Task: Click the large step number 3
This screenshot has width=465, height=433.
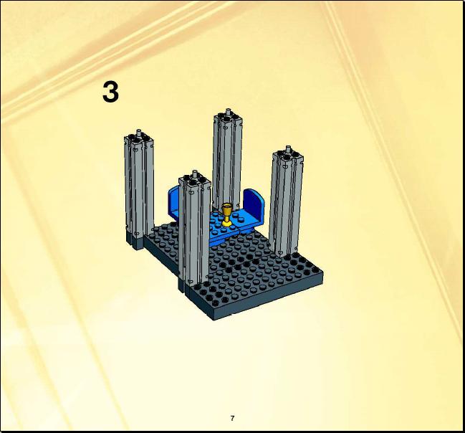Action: coord(110,92)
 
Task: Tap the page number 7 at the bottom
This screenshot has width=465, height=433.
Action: coord(232,418)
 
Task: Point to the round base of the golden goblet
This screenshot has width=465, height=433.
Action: coord(227,224)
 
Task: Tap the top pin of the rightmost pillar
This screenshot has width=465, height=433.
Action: coord(288,149)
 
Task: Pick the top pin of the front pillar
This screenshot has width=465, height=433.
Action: coord(195,174)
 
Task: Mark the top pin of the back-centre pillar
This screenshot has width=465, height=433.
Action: coord(228,112)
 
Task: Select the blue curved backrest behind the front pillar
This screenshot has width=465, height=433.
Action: coord(173,202)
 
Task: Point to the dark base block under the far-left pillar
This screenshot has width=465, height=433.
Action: coord(135,240)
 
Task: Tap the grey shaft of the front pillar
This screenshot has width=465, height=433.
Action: coord(194,232)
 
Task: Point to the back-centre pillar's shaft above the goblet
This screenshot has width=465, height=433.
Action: coord(227,161)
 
